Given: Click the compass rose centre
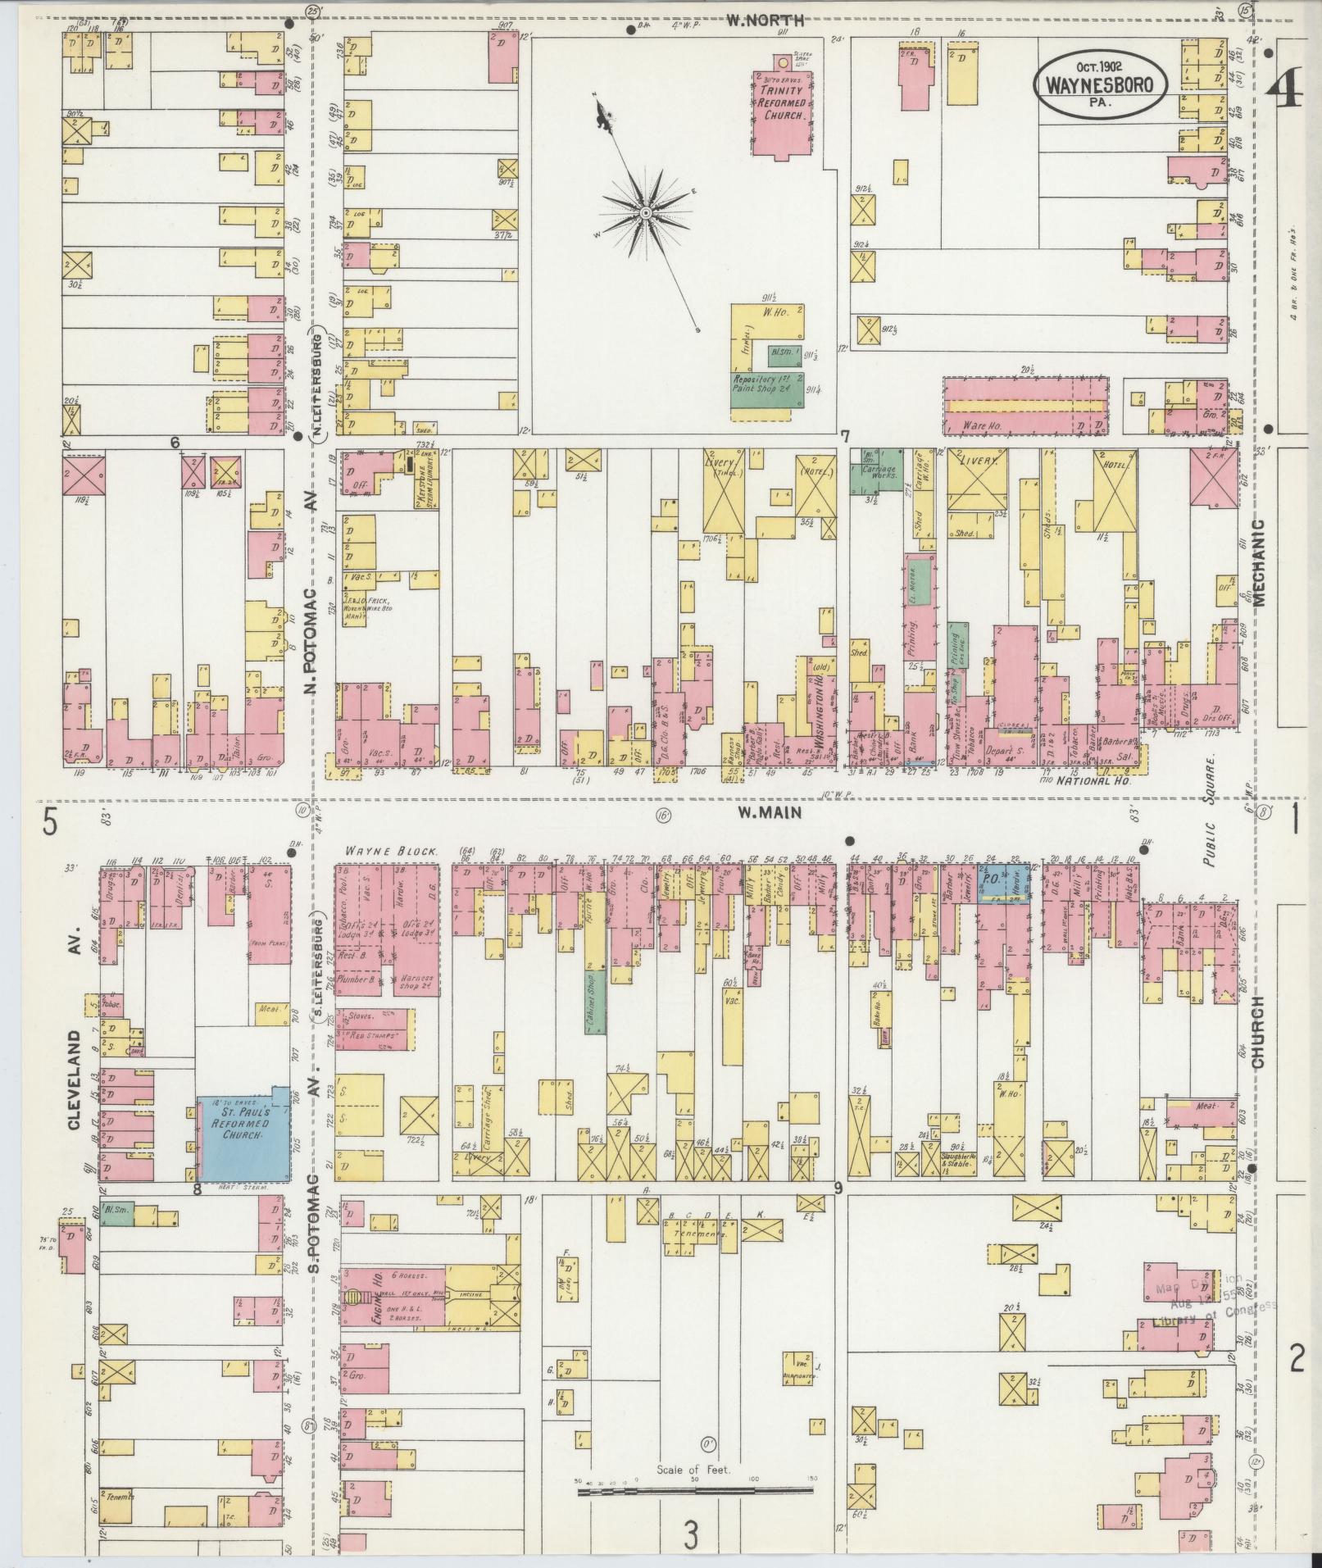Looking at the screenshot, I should point(646,213).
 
